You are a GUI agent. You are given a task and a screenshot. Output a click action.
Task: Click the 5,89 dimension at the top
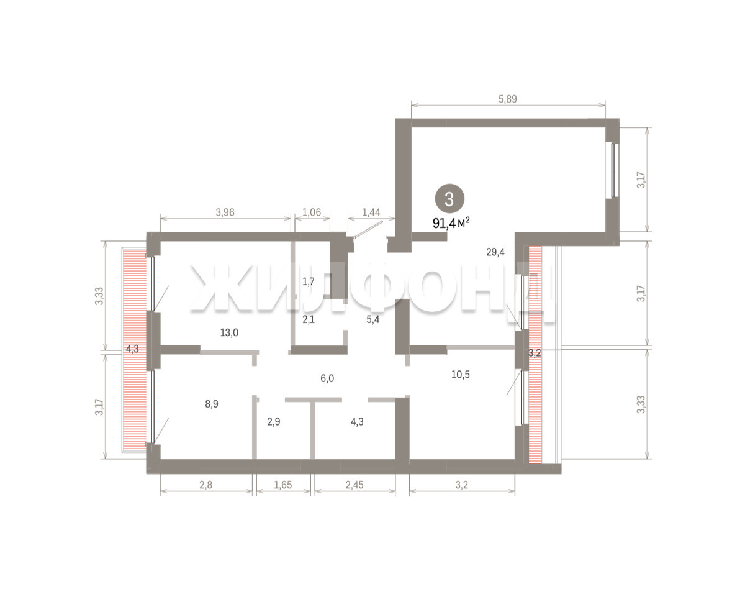[x=507, y=99]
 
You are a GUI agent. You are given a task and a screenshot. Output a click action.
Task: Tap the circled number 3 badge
[x=449, y=199]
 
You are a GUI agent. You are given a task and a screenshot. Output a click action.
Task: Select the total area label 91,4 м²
[x=451, y=223]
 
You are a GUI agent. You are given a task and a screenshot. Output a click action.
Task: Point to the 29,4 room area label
[x=495, y=252]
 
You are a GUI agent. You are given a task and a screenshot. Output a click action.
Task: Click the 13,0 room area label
[x=229, y=332]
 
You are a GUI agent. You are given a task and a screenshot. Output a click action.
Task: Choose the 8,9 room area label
[x=212, y=404]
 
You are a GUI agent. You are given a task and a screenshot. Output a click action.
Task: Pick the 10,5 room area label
[x=461, y=375]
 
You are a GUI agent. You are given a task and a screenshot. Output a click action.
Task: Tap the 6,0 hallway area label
[x=327, y=378]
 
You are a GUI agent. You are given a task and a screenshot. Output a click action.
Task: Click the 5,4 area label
[x=373, y=319]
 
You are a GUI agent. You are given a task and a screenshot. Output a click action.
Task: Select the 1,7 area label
[x=309, y=281]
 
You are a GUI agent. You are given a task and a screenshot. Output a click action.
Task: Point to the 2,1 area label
[x=309, y=319]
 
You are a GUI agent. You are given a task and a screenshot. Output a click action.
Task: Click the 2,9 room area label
[x=274, y=422]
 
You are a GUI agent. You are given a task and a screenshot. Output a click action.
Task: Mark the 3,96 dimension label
[x=225, y=212]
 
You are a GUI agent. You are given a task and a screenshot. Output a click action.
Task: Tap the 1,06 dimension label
[x=312, y=212]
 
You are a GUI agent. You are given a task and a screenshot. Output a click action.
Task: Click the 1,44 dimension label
[x=371, y=212]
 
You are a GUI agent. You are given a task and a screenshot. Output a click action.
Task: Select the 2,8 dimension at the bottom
[x=205, y=485]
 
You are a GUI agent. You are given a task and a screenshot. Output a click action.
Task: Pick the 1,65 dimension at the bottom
[x=283, y=485]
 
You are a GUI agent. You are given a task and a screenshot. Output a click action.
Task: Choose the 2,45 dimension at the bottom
[x=354, y=485]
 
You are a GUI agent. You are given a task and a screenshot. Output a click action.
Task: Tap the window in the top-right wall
[x=614, y=170]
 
